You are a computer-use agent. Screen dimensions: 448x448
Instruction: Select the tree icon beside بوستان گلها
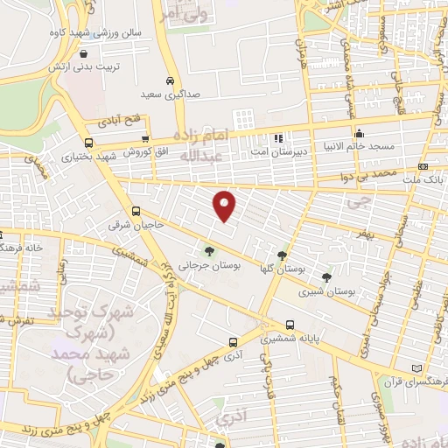coord(282,256)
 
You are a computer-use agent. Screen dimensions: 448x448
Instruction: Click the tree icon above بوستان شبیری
coord(326,277)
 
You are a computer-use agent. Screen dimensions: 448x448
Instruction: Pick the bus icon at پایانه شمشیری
coord(290,324)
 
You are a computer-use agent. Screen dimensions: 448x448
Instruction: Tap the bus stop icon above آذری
coord(233,342)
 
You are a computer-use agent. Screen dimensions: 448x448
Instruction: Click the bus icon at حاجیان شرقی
coord(136,211)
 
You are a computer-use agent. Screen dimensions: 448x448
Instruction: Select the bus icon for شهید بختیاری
coord(88,143)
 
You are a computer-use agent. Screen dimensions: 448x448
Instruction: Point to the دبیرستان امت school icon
coord(279,137)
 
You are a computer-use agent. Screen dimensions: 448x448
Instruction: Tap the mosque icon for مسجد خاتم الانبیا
coord(359,133)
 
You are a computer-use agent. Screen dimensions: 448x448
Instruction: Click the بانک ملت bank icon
coord(423,166)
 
